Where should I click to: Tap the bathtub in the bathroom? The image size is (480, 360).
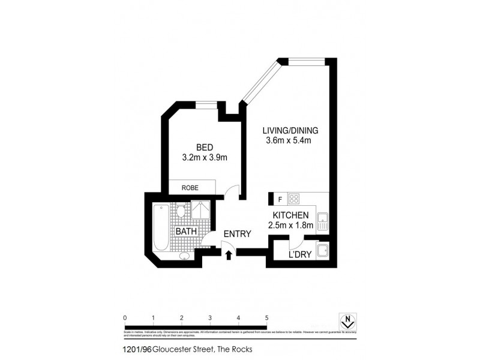coord(160,228)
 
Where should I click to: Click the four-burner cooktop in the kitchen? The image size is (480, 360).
coord(295,199)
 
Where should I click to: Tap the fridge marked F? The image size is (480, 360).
coord(279,199)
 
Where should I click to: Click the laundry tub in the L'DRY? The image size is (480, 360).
coord(322,251)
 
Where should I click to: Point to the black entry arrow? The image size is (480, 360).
coord(229,256)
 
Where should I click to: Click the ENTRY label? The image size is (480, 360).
coord(237,234)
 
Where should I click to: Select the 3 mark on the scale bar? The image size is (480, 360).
coord(210,318)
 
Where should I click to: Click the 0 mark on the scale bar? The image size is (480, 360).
coord(125,318)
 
